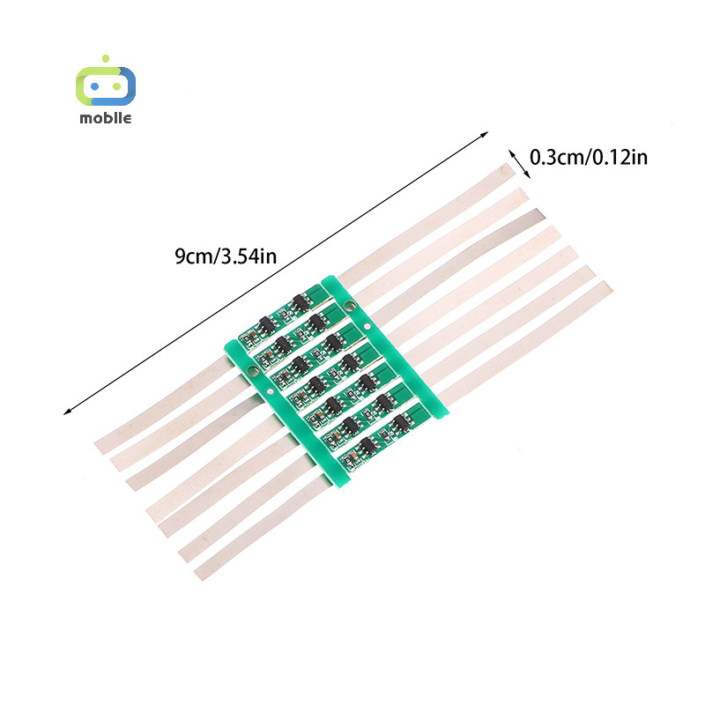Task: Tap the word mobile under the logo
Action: click(106, 118)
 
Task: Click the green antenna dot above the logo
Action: click(106, 58)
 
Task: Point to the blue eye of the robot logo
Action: click(95, 86)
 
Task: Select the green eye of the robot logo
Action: click(117, 86)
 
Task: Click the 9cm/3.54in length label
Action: click(226, 256)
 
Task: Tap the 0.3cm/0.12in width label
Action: click(589, 158)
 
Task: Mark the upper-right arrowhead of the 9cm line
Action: click(486, 134)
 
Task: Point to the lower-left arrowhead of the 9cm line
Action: click(67, 412)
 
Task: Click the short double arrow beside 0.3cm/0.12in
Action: click(519, 164)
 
